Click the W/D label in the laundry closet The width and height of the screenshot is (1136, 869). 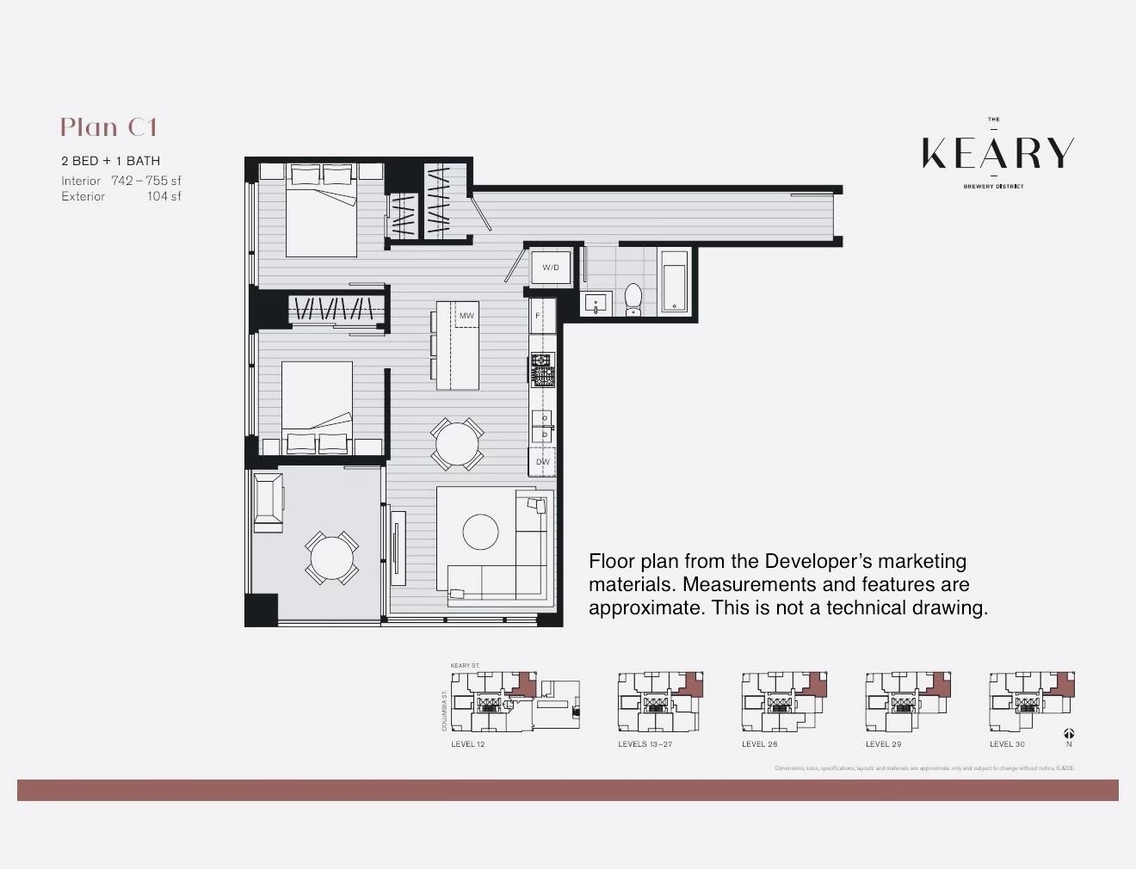550,268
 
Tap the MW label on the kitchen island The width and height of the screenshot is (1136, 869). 466,316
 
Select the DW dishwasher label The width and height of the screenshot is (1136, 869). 542,462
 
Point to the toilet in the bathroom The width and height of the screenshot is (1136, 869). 633,299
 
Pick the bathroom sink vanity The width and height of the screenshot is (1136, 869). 596,304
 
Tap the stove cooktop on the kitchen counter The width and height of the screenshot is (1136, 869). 542,370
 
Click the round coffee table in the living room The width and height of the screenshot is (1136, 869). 480,532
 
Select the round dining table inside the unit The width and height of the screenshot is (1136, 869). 456,444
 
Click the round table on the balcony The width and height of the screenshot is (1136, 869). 331,558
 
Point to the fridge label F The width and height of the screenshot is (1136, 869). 538,316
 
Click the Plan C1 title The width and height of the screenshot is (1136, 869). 109,127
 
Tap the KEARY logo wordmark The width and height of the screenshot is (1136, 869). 997,153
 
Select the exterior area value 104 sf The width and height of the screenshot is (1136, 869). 164,196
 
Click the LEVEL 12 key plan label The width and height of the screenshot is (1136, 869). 467,744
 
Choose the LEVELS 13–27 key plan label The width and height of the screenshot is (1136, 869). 645,744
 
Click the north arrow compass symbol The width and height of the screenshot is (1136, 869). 1068,734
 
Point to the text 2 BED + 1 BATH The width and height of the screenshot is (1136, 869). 110,161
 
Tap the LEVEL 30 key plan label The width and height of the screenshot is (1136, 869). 1007,744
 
